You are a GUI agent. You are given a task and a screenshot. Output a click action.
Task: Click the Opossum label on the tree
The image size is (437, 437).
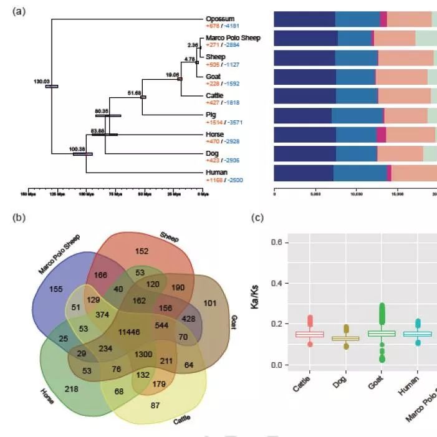click(x=219, y=19)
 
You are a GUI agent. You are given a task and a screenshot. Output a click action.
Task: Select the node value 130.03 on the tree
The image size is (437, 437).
click(x=42, y=81)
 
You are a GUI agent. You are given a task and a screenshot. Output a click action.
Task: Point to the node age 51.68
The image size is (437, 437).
click(x=134, y=92)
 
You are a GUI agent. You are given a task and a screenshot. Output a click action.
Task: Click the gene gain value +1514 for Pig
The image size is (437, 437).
click(x=214, y=122)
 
